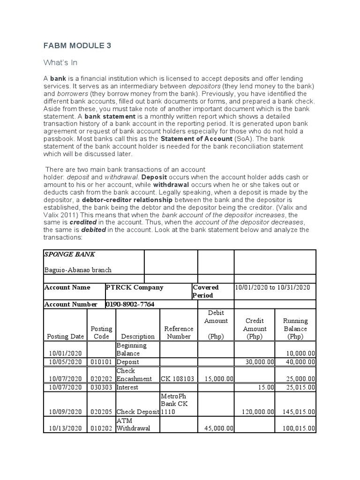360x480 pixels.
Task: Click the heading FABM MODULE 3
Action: pyautogui.click(x=77, y=45)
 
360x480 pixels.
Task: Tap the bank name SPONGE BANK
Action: pyautogui.click(x=69, y=254)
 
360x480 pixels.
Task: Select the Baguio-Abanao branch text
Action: pyautogui.click(x=78, y=270)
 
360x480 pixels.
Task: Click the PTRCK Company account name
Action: pyautogui.click(x=135, y=287)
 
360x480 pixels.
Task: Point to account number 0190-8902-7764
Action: pyautogui.click(x=130, y=304)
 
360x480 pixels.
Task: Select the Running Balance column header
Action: pyautogui.click(x=295, y=329)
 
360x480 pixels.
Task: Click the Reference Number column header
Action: pyautogui.click(x=179, y=332)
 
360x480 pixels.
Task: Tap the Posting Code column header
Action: pyautogui.click(x=101, y=332)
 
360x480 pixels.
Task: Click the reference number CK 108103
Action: pyautogui.click(x=179, y=378)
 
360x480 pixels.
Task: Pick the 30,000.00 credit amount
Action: pyautogui.click(x=260, y=362)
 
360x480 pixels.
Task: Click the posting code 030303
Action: pyautogui.click(x=101, y=387)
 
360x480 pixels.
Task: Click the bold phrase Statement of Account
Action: pyautogui.click(x=196, y=139)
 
